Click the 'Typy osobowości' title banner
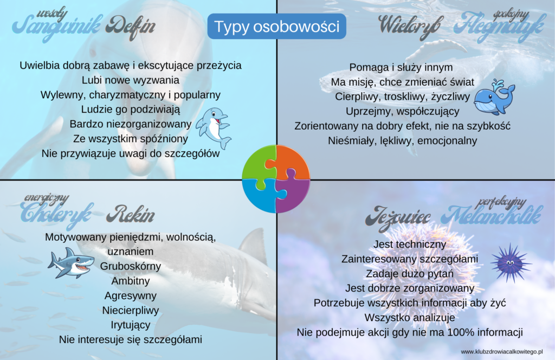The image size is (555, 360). [x=276, y=27]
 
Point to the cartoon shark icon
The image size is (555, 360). [x=71, y=263]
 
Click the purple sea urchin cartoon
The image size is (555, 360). [x=511, y=262]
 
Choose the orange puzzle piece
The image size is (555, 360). [x=293, y=162]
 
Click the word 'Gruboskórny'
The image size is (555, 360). [x=130, y=266]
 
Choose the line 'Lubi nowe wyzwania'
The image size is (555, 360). [x=130, y=80]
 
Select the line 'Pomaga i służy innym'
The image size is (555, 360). [x=401, y=67]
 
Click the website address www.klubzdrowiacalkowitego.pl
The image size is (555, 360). [x=501, y=351]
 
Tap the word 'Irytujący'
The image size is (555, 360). [x=131, y=325]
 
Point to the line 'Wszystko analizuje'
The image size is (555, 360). [x=410, y=318]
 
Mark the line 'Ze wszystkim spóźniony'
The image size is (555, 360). [x=131, y=139]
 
